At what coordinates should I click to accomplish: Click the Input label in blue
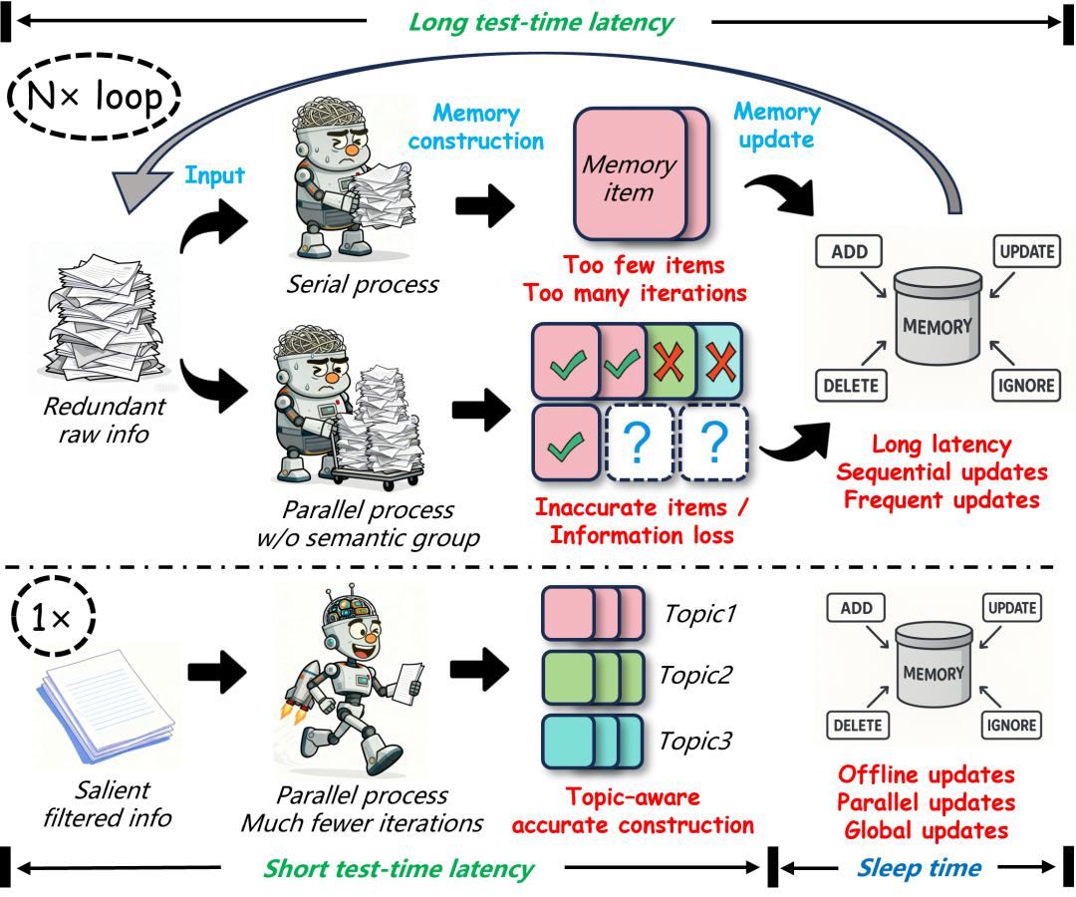(x=214, y=175)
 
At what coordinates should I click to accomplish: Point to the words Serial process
(x=363, y=284)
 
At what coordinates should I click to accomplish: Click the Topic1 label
(x=700, y=613)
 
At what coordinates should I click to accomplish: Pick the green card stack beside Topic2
(x=593, y=678)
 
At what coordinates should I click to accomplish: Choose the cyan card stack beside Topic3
(x=593, y=742)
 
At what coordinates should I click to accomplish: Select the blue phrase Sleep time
(x=919, y=868)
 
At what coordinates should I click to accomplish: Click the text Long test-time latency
(x=541, y=22)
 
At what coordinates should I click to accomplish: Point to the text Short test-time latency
(x=399, y=869)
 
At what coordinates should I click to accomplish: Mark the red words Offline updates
(x=927, y=774)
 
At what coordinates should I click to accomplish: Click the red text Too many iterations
(x=635, y=293)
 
